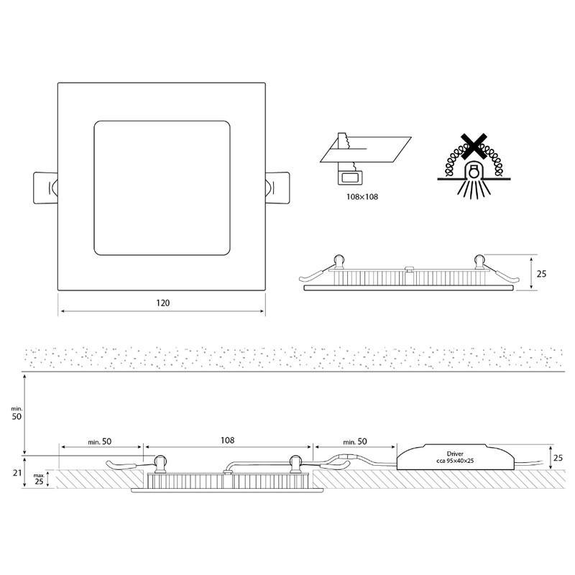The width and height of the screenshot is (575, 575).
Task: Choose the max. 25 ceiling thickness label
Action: point(38,477)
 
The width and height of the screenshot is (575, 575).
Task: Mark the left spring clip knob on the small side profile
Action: point(340,258)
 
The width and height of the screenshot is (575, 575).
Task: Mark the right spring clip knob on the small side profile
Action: point(479,258)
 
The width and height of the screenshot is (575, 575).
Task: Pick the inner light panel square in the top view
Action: point(162,187)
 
